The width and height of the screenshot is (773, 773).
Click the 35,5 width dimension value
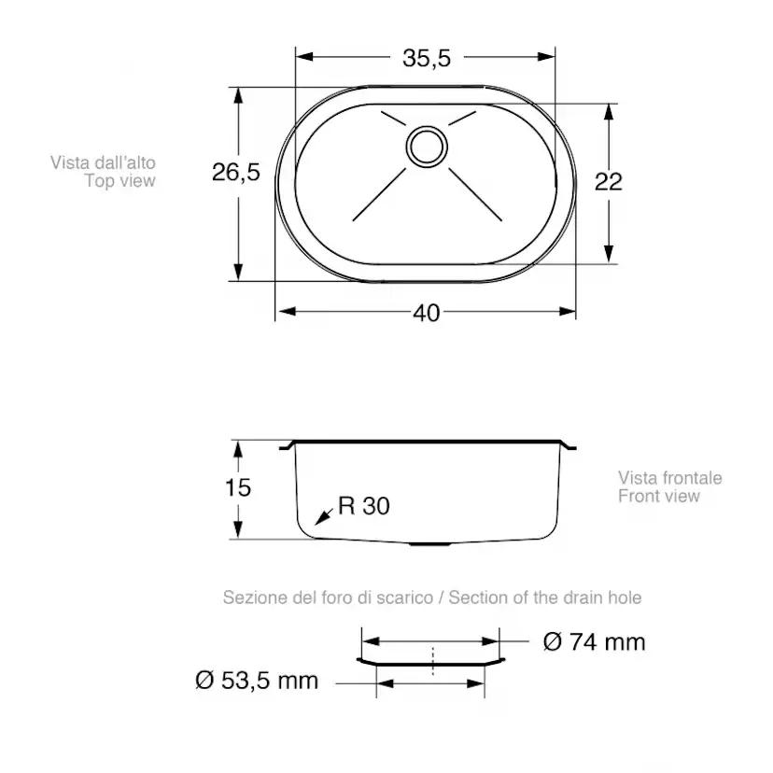click(x=427, y=58)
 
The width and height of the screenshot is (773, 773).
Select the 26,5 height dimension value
click(x=235, y=172)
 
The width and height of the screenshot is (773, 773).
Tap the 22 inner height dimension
click(x=609, y=182)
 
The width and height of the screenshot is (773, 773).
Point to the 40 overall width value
click(x=427, y=313)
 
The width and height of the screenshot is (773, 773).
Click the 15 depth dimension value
click(x=238, y=487)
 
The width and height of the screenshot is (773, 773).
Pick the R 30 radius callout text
click(x=364, y=506)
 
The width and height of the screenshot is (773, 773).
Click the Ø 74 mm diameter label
click(x=594, y=642)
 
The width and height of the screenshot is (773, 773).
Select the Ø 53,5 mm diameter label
click(x=257, y=681)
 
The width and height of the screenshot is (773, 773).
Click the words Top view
click(x=119, y=181)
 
